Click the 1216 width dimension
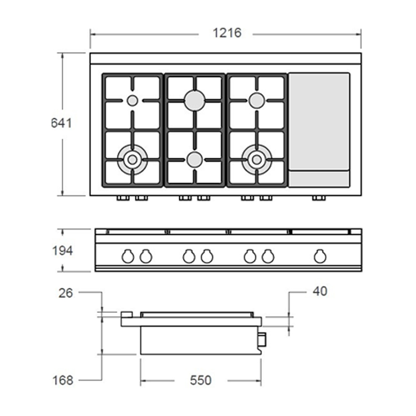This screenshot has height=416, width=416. point(227,33)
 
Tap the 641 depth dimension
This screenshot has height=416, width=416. point(61,123)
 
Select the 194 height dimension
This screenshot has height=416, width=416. point(62,251)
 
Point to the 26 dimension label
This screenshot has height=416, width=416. point(65,293)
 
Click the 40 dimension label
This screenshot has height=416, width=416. point(319,291)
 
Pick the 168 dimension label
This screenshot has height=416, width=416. point(63,380)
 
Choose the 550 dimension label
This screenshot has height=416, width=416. point(201,380)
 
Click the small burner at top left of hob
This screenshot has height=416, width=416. point(132,100)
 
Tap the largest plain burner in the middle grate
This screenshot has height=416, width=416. point(195,100)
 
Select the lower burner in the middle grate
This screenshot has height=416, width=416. point(195,160)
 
